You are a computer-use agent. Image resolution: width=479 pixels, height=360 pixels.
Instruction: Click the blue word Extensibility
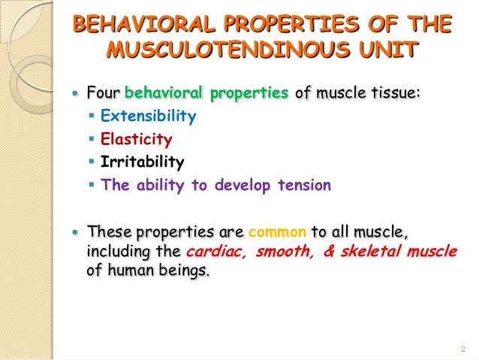coord(149,116)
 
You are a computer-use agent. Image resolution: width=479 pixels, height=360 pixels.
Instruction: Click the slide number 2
coord(462,348)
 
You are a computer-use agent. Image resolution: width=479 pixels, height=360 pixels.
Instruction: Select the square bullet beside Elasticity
coord(92,140)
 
